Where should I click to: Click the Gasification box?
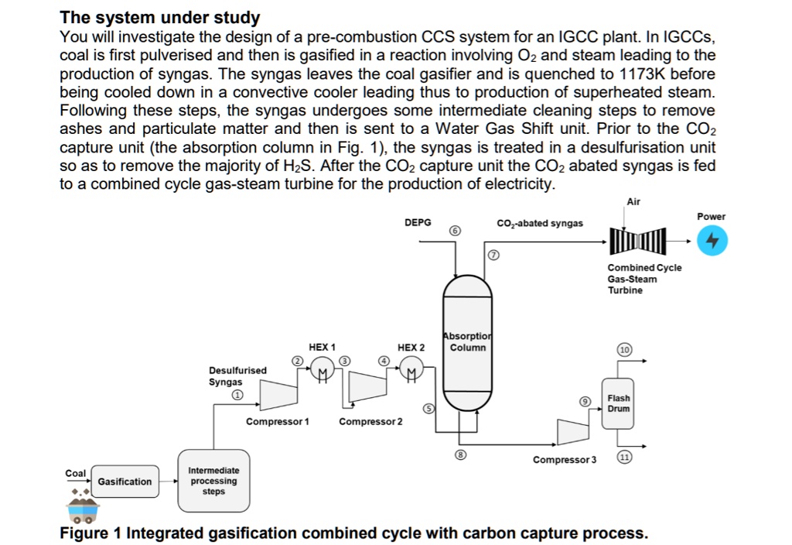pos(125,482)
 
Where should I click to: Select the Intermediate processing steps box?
pos(213,481)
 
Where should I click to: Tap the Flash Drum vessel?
pos(618,403)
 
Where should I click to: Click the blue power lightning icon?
pos(712,242)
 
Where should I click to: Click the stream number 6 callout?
pos(455,231)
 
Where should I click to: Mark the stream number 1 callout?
pos(238,395)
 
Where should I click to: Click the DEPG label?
pos(418,222)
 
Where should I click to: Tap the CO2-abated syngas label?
pos(540,223)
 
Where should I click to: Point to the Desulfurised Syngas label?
pos(237,376)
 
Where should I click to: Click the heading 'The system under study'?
pos(160,17)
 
